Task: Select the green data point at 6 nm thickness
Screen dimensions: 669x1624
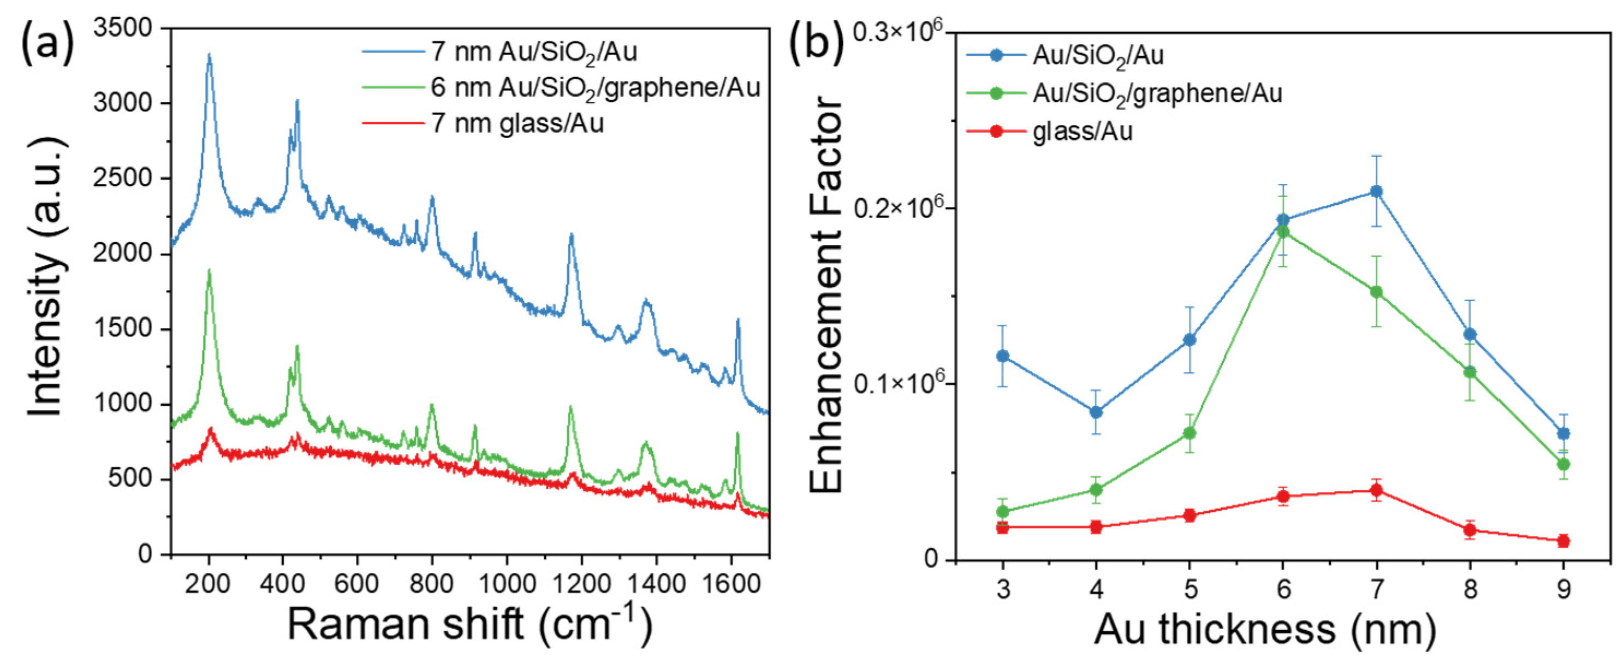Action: [x=1283, y=232]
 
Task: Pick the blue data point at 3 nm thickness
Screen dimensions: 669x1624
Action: [x=1002, y=356]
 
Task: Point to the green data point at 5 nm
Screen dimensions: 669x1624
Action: [x=1189, y=433]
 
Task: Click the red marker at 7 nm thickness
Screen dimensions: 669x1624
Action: [x=1376, y=490]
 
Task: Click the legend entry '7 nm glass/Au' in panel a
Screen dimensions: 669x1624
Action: [x=517, y=123]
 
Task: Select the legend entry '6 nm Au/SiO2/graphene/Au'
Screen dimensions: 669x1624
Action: [x=595, y=87]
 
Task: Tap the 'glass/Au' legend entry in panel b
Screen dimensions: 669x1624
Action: [x=1082, y=132]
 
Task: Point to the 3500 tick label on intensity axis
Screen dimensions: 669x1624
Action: [x=122, y=28]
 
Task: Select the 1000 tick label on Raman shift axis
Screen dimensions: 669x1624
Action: [x=506, y=584]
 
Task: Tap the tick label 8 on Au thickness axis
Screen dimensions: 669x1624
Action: [x=1470, y=590]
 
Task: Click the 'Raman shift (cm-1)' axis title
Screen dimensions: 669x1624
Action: [x=469, y=625]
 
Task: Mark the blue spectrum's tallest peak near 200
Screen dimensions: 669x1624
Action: [x=209, y=56]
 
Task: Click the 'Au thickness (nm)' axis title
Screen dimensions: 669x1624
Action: [x=1264, y=629]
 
